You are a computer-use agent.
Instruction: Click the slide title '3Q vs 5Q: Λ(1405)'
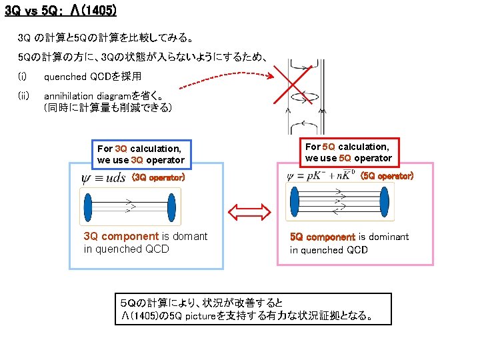[x=61, y=11]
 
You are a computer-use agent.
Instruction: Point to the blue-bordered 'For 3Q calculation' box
[x=140, y=154]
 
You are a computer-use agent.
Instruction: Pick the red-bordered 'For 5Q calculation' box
[x=348, y=152]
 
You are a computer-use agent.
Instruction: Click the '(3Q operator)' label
[x=157, y=178]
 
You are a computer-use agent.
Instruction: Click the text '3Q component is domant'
[x=145, y=237]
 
